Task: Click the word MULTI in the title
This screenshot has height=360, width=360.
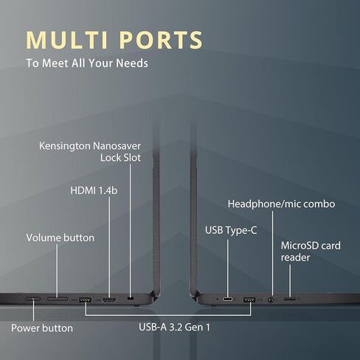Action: [x=67, y=40]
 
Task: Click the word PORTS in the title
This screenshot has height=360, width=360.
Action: [x=161, y=40]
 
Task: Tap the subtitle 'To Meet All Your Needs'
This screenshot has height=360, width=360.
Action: [x=87, y=63]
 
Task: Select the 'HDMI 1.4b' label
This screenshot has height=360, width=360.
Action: [x=94, y=190]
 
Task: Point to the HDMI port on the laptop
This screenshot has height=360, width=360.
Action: [x=109, y=300]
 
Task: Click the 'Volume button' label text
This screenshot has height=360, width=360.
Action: [x=60, y=238]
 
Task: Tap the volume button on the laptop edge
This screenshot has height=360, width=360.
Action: [x=58, y=299]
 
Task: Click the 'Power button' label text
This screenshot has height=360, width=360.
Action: [x=42, y=328]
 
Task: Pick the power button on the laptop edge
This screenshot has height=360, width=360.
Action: [x=33, y=299]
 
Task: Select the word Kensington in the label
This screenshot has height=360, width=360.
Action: [x=65, y=146]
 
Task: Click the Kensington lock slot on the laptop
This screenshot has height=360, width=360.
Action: [x=131, y=299]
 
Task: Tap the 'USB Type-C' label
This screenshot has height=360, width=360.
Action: [x=231, y=230]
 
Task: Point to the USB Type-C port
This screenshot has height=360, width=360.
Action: [x=228, y=300]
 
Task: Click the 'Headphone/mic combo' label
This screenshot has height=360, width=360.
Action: [x=281, y=204]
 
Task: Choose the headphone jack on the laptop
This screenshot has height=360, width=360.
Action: [x=271, y=300]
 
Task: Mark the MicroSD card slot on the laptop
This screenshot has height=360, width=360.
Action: [x=290, y=299]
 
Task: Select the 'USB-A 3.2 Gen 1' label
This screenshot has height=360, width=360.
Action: [x=174, y=328]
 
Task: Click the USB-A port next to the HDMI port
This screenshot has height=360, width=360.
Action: [x=85, y=300]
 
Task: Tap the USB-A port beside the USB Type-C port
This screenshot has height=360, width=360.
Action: [x=249, y=300]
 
